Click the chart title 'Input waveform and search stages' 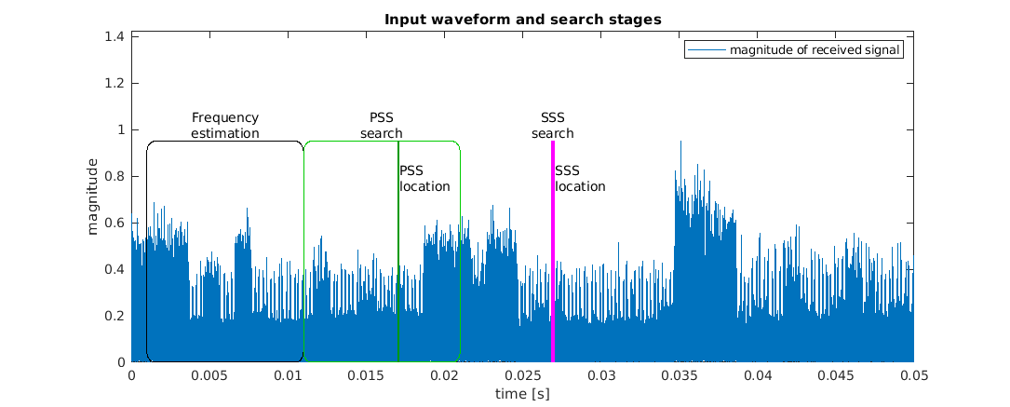(521, 20)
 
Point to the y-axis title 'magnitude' (93, 197)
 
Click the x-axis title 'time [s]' (521, 394)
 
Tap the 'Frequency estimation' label (224, 125)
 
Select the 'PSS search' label (382, 125)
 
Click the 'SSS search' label (553, 125)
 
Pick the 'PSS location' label (424, 178)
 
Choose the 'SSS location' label (580, 178)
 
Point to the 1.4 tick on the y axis (116, 36)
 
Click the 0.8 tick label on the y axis (116, 176)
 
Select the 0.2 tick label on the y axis (116, 316)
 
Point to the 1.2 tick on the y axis (116, 83)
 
